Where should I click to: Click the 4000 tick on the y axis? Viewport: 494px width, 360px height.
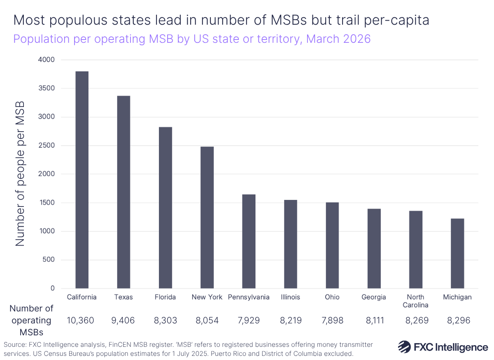click(x=47, y=60)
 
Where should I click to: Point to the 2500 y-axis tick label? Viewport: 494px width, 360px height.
click(x=47, y=146)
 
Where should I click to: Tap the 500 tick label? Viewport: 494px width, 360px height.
click(x=49, y=260)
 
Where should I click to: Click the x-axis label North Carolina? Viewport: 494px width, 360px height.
click(x=415, y=301)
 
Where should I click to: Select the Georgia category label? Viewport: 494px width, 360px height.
click(x=374, y=297)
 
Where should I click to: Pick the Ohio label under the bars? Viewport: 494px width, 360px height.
click(x=332, y=297)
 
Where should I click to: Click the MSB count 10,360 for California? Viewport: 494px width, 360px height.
click(x=82, y=321)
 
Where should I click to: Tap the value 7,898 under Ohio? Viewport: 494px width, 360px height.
click(x=332, y=321)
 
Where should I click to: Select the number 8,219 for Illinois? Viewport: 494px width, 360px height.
click(x=290, y=321)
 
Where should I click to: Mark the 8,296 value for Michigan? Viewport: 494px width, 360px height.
click(x=457, y=321)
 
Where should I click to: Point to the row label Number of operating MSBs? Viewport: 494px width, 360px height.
click(x=31, y=320)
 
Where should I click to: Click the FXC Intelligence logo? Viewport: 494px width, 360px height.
click(x=443, y=347)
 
